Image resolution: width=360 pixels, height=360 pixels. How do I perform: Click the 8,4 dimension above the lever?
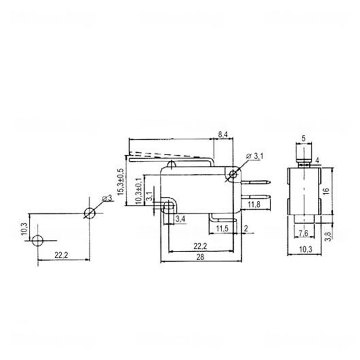(223, 134)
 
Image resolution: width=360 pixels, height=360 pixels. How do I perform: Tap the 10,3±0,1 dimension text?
(139, 191)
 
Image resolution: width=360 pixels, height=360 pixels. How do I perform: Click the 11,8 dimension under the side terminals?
(255, 205)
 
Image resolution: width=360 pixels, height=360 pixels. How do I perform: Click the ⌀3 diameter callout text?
(107, 198)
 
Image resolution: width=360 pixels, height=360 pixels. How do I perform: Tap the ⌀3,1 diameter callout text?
(256, 157)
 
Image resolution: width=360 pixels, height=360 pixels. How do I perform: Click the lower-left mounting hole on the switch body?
(167, 205)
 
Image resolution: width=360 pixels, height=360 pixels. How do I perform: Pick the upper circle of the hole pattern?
(89, 213)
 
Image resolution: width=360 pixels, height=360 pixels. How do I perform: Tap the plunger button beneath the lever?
(173, 164)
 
